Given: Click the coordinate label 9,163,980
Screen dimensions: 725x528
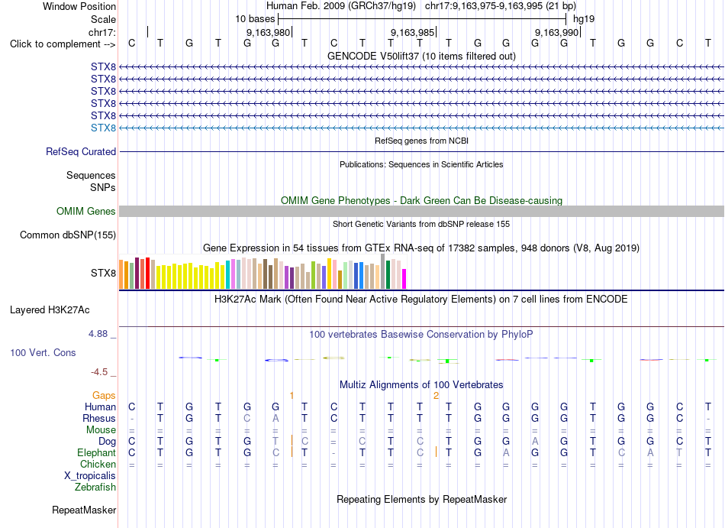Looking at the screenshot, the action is (268, 32).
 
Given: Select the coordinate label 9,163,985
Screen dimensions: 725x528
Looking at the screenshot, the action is (412, 32).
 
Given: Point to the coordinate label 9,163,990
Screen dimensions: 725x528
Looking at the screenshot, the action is (556, 32).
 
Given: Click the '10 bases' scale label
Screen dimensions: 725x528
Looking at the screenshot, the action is (255, 19).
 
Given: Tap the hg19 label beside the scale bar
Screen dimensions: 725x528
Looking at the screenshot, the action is (584, 19).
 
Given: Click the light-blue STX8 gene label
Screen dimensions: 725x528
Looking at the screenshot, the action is (103, 128).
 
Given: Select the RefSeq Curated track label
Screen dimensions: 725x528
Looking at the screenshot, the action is (81, 152).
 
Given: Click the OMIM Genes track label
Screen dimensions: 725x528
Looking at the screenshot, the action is (86, 212).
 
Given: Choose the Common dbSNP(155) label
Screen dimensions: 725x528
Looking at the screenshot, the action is (68, 235).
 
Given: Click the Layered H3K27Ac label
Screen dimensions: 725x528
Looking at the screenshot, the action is (50, 310).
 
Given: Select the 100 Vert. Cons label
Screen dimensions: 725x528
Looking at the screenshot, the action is (43, 352).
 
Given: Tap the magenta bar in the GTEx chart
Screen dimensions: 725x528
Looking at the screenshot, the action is (404, 279).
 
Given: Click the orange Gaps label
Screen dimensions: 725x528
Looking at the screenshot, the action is (104, 395).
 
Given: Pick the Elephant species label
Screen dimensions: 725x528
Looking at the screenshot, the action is (96, 452).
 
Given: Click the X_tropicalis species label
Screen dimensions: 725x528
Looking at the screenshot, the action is (90, 476).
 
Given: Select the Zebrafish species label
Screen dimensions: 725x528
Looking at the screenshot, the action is (95, 488).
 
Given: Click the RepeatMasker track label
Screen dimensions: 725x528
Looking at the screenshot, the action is (84, 510).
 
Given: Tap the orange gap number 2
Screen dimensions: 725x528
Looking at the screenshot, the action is (436, 396).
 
